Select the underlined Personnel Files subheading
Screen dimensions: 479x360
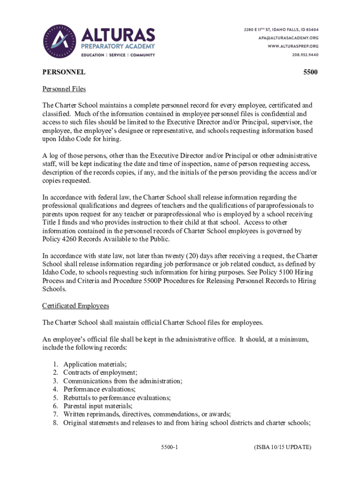tap(64, 89)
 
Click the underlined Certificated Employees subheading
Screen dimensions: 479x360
tap(75, 306)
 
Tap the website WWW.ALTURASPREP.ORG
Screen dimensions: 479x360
tap(293, 46)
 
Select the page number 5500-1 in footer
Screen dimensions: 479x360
tap(169, 448)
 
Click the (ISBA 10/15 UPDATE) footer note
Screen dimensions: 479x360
tap(282, 448)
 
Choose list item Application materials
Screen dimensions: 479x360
tap(95, 364)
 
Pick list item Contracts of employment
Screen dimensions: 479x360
tap(100, 373)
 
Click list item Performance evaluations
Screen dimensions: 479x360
tap(100, 390)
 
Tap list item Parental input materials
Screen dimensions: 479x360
tap(98, 406)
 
